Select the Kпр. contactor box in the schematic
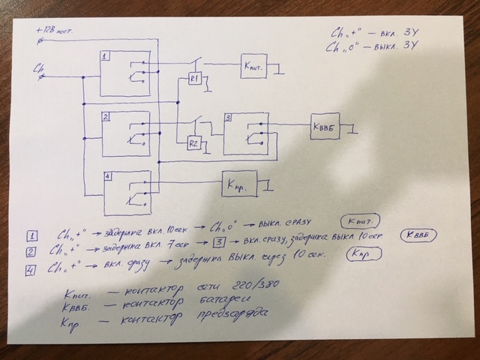(x=237, y=182)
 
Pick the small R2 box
(x=193, y=143)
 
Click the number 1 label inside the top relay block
(x=106, y=57)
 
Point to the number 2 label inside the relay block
(x=107, y=117)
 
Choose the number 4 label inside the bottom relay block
(x=109, y=177)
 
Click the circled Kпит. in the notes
(x=358, y=222)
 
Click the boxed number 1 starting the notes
(x=31, y=233)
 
